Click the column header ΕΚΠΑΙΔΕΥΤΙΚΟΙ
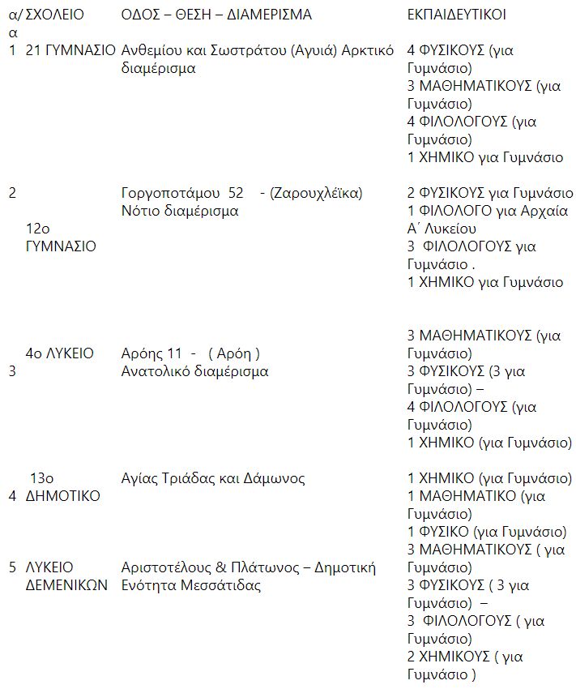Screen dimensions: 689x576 [x=457, y=15]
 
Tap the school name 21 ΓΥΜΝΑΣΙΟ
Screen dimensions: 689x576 [x=70, y=50]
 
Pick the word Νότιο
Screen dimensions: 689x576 [x=139, y=211]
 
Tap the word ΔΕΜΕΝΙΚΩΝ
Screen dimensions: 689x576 [x=66, y=585]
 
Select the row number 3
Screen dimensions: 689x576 [x=12, y=371]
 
